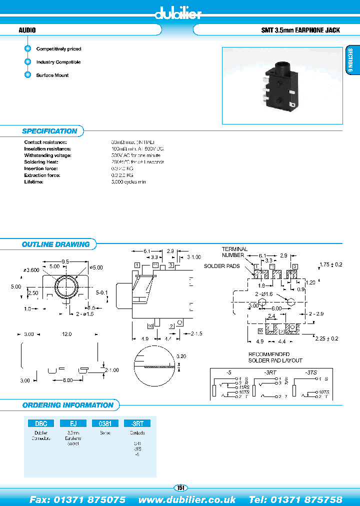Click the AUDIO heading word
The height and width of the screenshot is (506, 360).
(27, 30)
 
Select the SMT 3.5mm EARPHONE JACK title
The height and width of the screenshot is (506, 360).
(300, 30)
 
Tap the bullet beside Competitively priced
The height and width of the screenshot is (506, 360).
(27, 49)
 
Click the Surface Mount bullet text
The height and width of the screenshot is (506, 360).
(52, 75)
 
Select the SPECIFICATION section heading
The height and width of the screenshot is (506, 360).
(49, 131)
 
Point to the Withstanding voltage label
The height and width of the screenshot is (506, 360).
(48, 155)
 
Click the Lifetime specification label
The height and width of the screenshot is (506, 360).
(34, 181)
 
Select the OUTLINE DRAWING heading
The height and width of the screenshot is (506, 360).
(55, 244)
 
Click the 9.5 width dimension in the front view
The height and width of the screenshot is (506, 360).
(65, 261)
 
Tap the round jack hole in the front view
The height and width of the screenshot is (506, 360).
(66, 286)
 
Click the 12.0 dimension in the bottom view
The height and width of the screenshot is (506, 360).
(66, 333)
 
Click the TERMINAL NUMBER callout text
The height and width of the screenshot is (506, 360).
(234, 252)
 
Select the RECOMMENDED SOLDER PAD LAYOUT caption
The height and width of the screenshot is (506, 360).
(275, 357)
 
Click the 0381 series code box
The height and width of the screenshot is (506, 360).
(105, 423)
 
